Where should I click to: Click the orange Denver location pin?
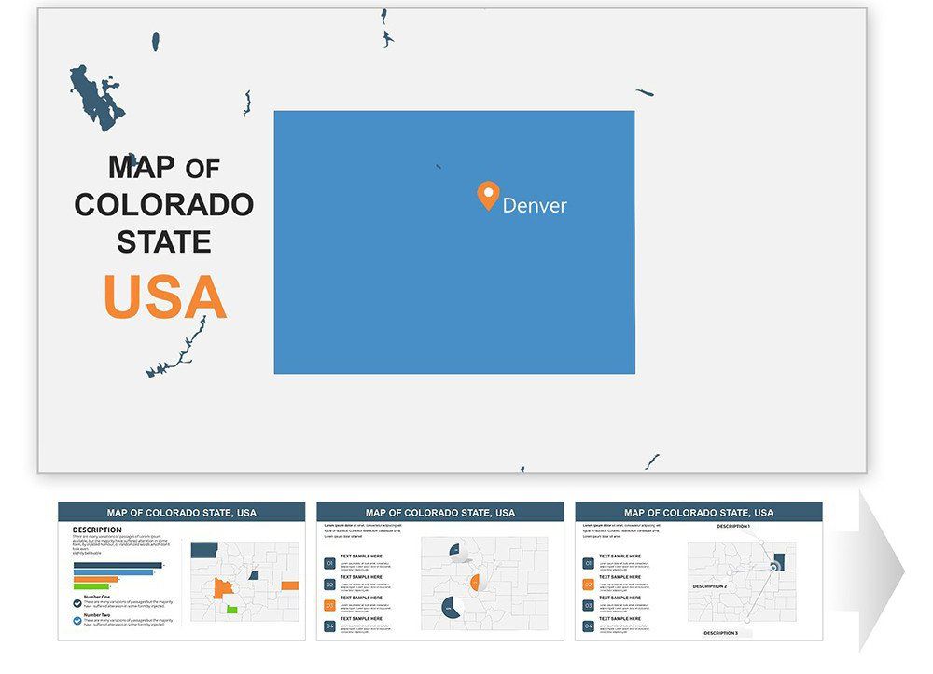tap(488, 194)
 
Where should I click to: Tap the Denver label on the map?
tap(534, 205)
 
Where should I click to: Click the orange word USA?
tap(165, 297)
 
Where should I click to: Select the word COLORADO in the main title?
tap(164, 204)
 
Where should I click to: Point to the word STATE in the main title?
tap(164, 242)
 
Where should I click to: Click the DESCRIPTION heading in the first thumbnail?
tap(96, 530)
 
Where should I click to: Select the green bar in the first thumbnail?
tap(91, 586)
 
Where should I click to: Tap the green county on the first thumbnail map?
tap(230, 609)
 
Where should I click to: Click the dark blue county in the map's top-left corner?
tap(204, 550)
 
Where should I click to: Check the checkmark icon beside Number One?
tap(77, 602)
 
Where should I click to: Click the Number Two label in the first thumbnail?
tap(97, 615)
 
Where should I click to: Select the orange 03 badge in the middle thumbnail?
tap(329, 605)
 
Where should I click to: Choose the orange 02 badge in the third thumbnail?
tap(588, 585)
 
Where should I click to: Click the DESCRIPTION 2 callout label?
tap(709, 586)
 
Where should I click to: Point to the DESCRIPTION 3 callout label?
tap(720, 633)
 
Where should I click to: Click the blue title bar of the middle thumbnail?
tap(439, 512)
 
